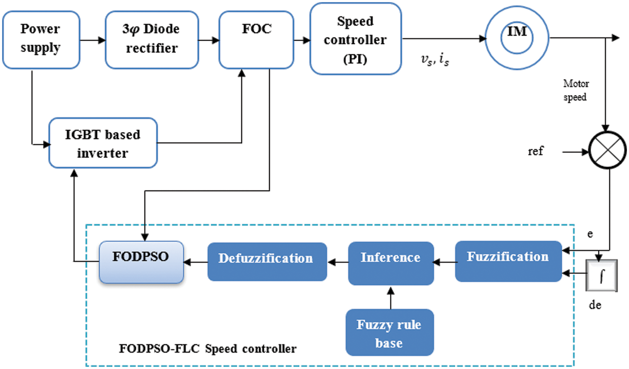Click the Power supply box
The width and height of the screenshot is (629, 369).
41,40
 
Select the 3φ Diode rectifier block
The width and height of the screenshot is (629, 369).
151,40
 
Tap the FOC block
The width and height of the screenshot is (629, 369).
256,40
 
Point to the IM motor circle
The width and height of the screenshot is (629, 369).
517,38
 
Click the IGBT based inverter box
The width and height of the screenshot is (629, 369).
103,143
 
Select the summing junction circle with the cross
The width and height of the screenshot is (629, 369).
607,150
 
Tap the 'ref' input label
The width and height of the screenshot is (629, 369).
535,151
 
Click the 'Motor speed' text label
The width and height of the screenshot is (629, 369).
576,90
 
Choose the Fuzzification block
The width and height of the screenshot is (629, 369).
508,261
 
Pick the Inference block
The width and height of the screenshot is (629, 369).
390,263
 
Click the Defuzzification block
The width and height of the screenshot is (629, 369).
267,261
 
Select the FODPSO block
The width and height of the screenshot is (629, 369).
141,262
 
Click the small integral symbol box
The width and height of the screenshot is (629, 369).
601,275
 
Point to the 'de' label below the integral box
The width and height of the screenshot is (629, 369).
595,305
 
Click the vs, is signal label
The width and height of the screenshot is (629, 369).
435,60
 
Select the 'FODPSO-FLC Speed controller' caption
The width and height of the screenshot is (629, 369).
208,348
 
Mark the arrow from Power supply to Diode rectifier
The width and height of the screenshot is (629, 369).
93,40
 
